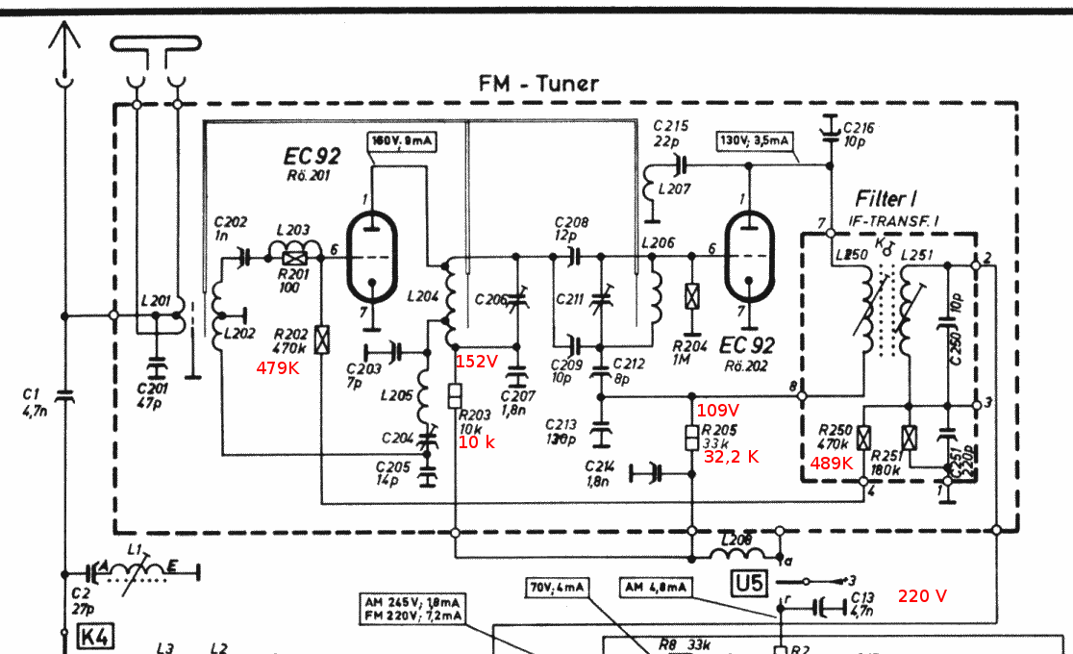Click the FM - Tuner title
click(x=538, y=84)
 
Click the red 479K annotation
click(x=277, y=367)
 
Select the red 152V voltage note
click(x=476, y=362)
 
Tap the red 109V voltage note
click(x=716, y=410)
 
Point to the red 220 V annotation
click(x=922, y=596)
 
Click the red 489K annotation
click(x=831, y=463)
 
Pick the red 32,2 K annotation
click(x=732, y=457)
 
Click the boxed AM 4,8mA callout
click(x=655, y=587)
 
